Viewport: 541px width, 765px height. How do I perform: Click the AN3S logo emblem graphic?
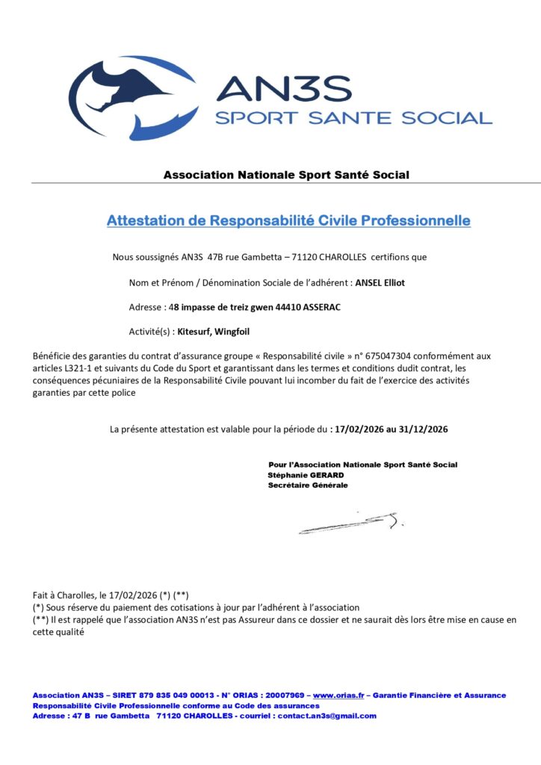(x=135, y=97)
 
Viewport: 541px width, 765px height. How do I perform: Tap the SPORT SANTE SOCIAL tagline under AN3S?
(x=353, y=117)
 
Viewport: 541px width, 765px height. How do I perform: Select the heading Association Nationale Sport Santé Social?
(x=286, y=175)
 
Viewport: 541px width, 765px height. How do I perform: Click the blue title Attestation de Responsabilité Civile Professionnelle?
(x=288, y=221)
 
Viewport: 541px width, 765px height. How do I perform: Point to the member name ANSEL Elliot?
(x=380, y=282)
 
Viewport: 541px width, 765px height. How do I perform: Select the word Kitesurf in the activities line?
(x=194, y=332)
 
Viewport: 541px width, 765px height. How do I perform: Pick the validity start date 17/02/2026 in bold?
(x=358, y=430)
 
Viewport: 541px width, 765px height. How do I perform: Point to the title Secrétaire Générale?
(x=308, y=485)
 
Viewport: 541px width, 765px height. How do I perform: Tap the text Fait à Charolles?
(x=64, y=595)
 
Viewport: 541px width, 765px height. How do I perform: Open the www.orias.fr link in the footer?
(x=338, y=696)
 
